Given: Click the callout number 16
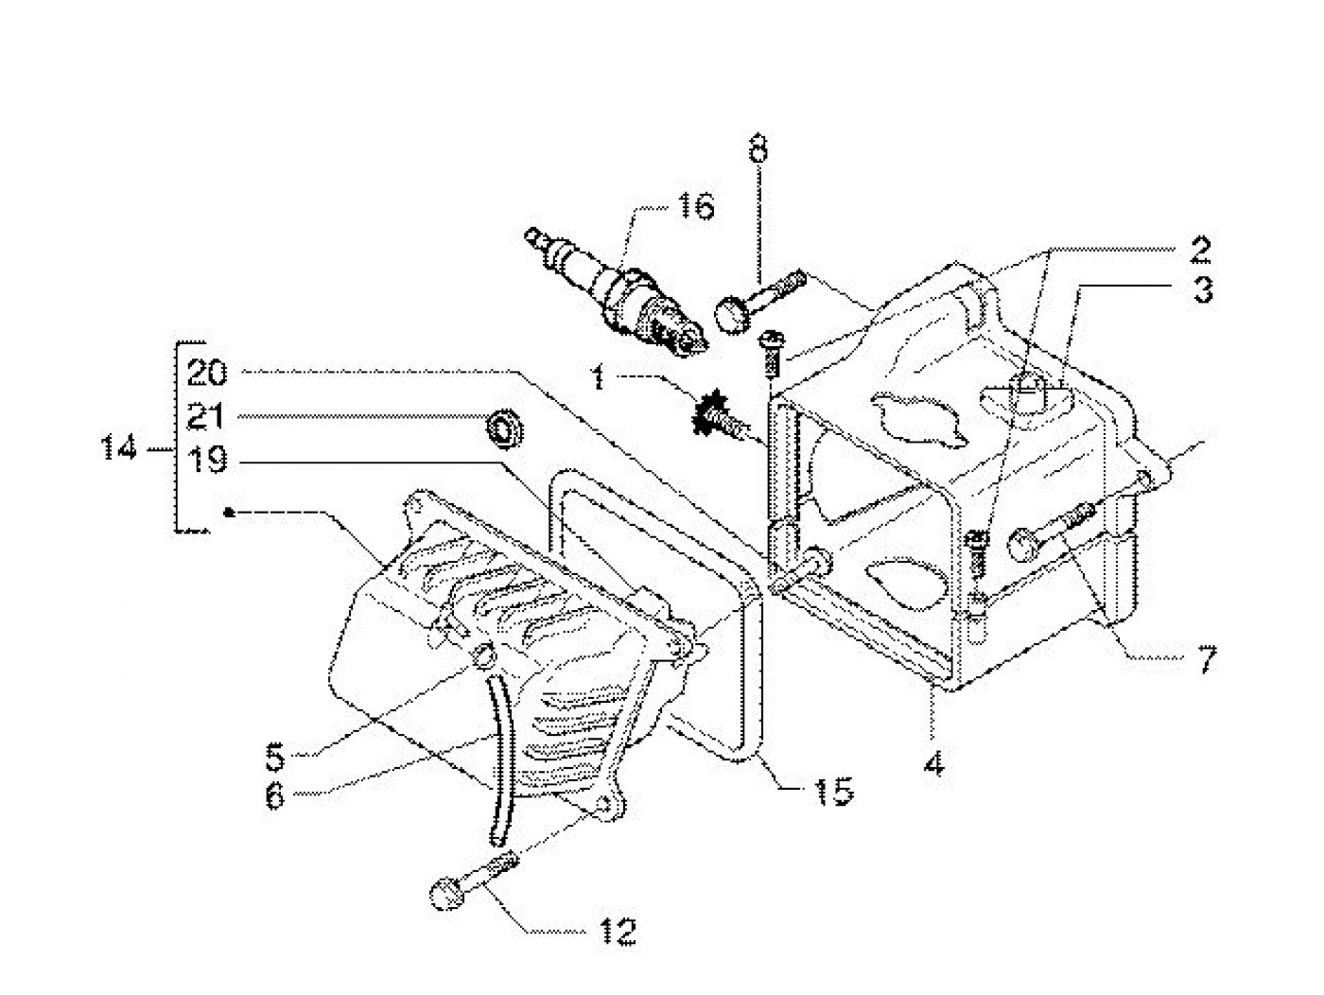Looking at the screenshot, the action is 695,207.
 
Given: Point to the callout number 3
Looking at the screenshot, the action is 1202,290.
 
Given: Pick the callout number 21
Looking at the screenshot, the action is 205,416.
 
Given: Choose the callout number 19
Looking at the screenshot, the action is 207,460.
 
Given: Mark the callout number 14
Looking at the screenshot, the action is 119,448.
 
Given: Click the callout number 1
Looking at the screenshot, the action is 598,378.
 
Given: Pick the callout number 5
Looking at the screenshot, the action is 274,757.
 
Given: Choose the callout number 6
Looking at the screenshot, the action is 274,796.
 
